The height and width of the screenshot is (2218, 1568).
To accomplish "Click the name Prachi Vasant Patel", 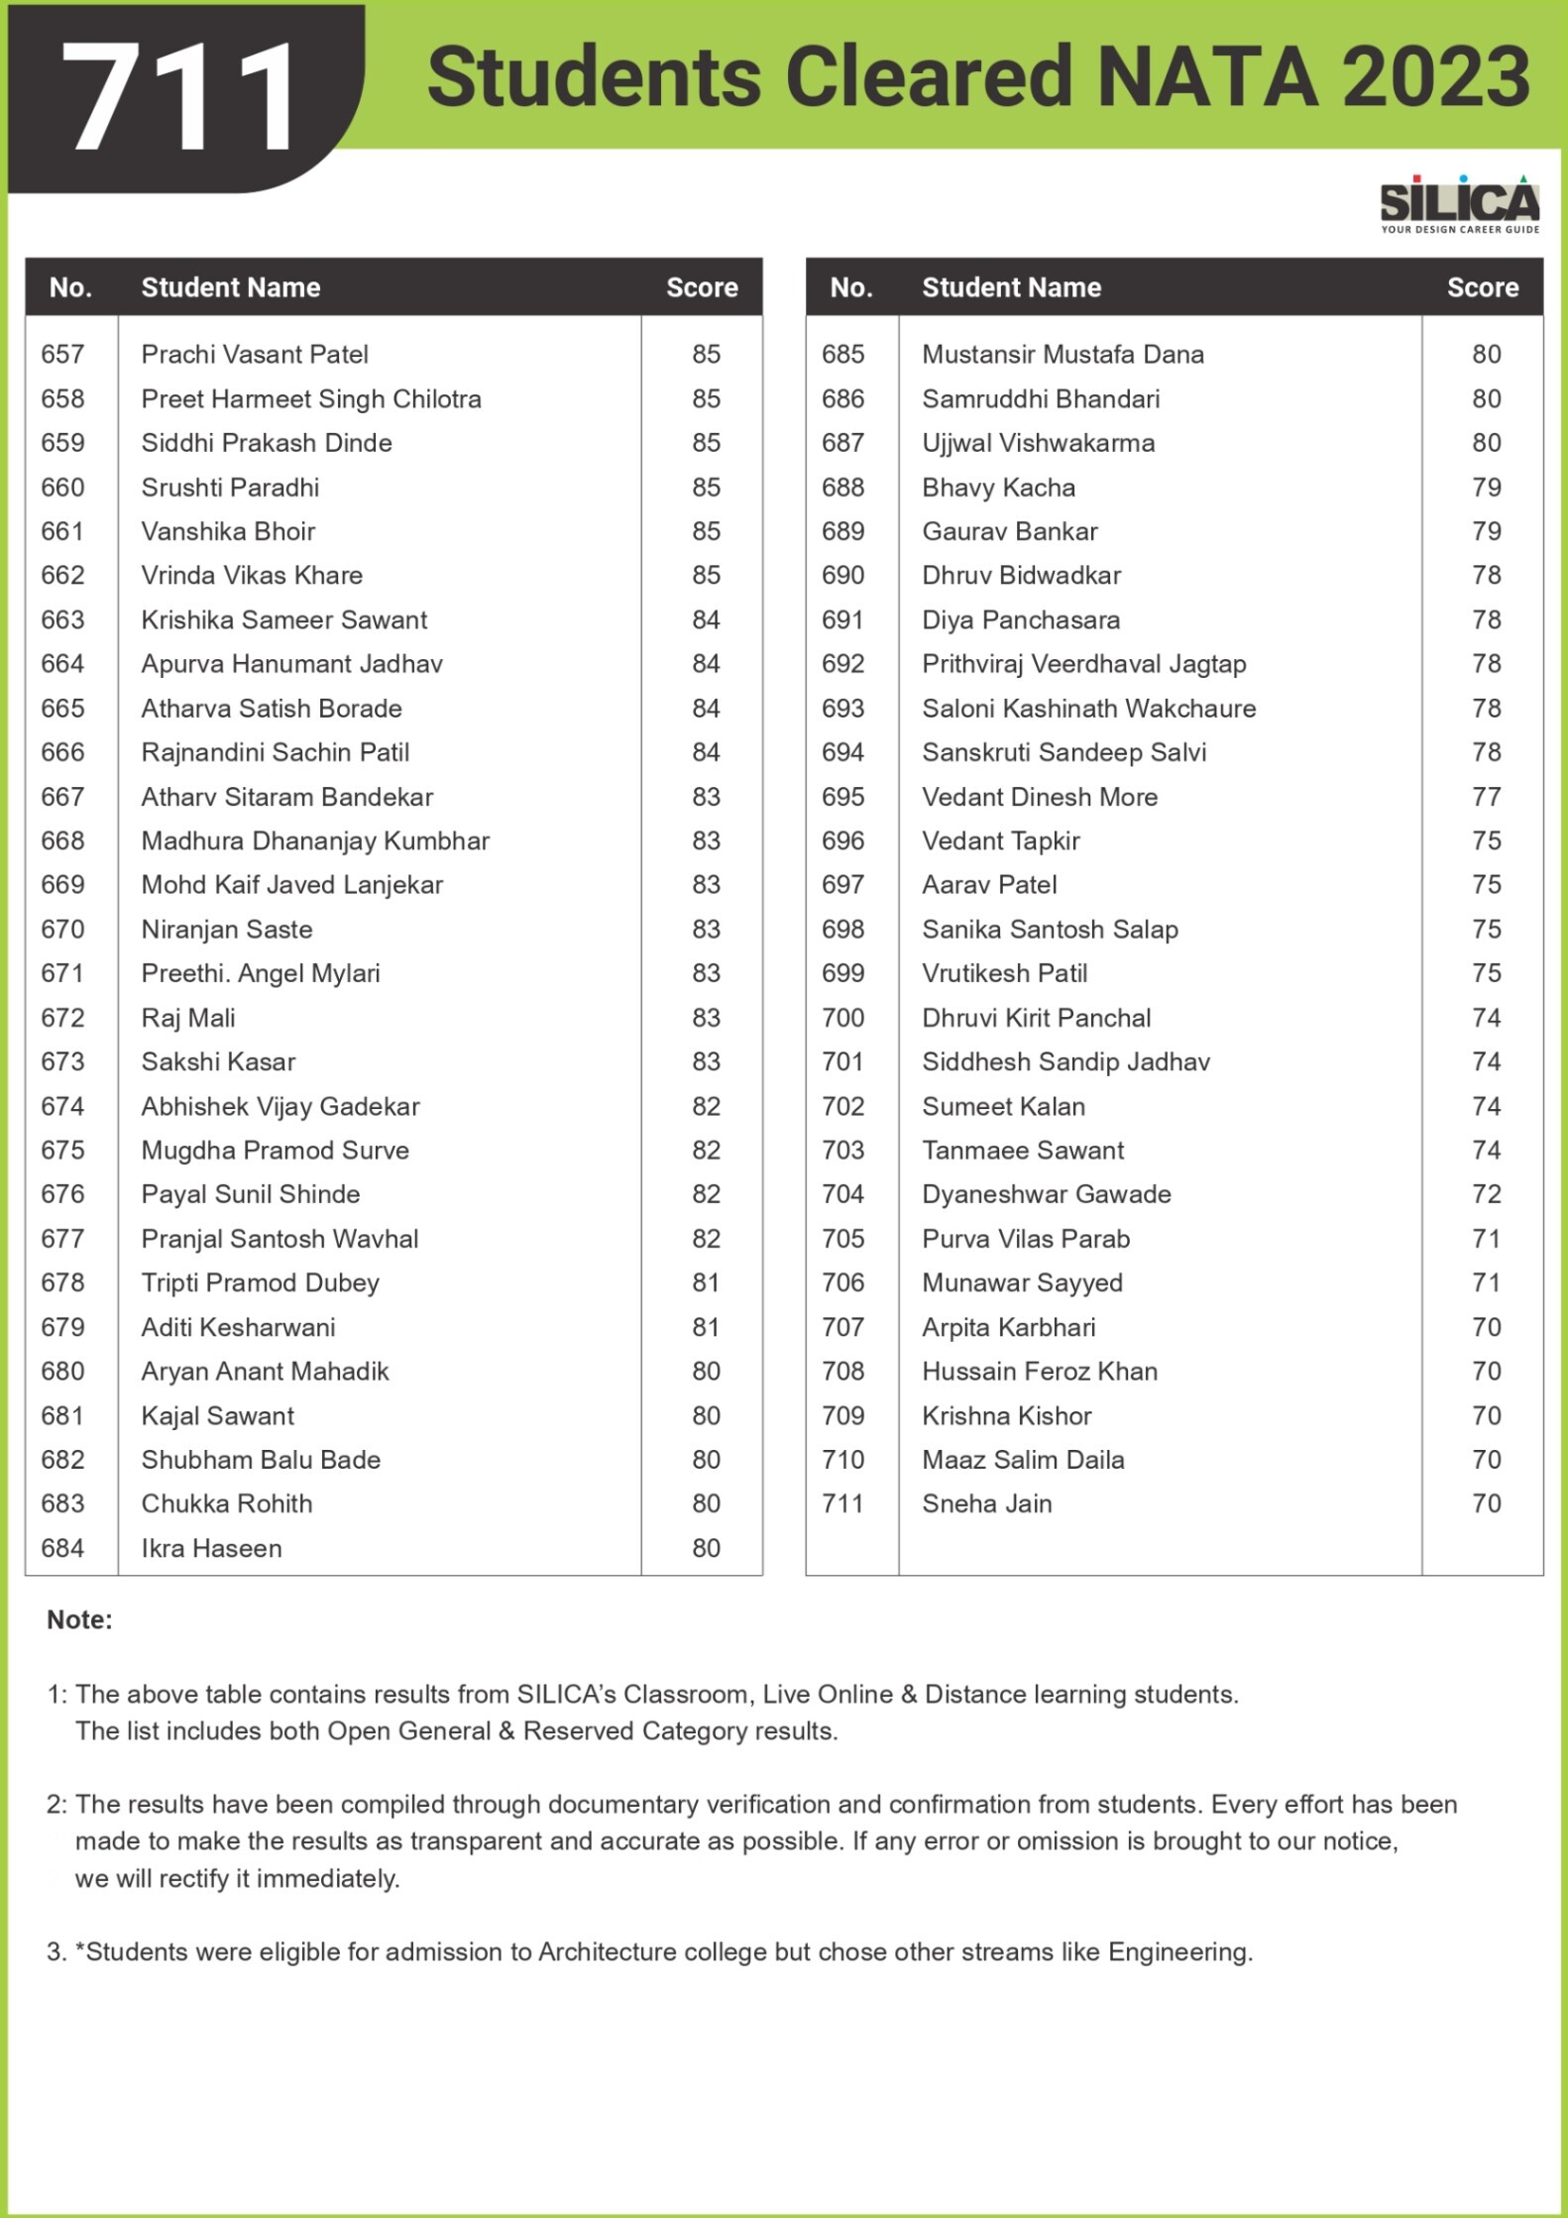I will (255, 354).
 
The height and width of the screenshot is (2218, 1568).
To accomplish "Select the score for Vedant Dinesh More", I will (1486, 797).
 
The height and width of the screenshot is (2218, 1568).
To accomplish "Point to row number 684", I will (62, 1548).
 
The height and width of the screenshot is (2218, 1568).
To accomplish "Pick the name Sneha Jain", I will (986, 1503).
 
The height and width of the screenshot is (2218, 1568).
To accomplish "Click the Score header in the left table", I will (702, 287).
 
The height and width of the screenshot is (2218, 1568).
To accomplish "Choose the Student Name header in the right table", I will (1011, 287).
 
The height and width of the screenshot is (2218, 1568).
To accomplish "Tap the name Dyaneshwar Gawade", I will (1046, 1194).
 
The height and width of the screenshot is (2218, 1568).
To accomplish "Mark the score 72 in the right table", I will (1486, 1194).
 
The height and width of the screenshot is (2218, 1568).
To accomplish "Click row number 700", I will (842, 1018).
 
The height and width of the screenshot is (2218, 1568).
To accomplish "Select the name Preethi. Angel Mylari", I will (261, 973).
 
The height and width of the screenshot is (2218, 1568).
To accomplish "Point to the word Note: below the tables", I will (79, 1619).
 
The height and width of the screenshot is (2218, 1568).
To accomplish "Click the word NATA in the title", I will (1208, 77).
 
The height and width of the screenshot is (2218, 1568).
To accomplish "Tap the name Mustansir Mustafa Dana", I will (1063, 354).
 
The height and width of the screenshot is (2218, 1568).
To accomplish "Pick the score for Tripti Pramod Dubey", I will (706, 1282).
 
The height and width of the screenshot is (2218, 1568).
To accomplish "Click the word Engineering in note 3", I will (1178, 1951).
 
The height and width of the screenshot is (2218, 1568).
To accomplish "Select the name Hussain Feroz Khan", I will (1039, 1371).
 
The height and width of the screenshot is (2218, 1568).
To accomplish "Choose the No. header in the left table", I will (70, 287).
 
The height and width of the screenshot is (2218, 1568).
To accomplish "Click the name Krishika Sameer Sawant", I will (283, 619).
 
